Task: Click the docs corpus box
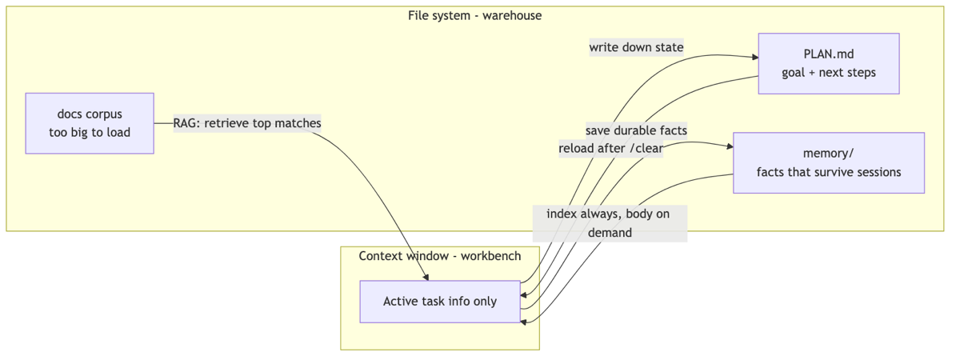point(90,123)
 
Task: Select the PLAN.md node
point(829,63)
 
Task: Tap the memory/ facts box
point(829,163)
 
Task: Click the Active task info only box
point(440,302)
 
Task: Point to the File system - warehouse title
point(475,16)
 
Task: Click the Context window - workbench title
point(440,256)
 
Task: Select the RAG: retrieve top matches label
point(247,123)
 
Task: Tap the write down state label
point(637,47)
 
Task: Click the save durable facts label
point(637,130)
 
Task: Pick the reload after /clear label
point(610,148)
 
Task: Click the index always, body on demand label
point(610,223)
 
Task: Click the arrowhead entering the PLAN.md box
point(755,57)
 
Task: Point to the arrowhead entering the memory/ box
point(730,146)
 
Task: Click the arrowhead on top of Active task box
point(426,278)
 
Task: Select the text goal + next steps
point(829,73)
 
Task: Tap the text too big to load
point(90,133)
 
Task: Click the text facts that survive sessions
point(829,172)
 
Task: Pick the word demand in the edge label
point(610,233)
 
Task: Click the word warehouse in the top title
point(512,16)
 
